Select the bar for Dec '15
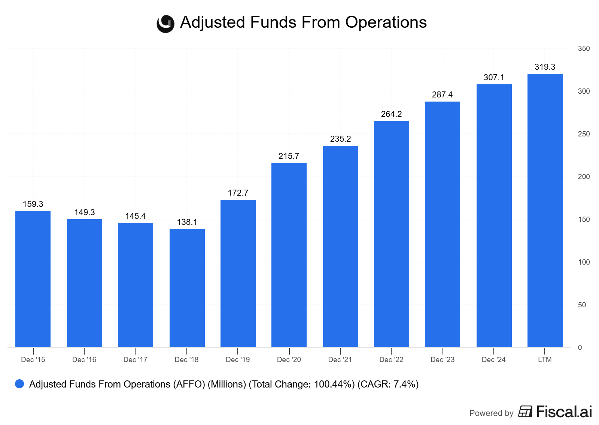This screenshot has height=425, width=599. [33, 279]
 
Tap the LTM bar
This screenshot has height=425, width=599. [545, 210]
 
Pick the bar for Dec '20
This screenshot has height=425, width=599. [289, 255]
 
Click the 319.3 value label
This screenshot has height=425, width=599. [545, 67]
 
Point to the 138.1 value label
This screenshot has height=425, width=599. [187, 222]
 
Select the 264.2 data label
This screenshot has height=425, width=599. [391, 114]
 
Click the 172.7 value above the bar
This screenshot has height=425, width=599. [238, 193]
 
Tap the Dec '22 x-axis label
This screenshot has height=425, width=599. [391, 360]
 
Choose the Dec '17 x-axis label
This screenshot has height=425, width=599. [135, 360]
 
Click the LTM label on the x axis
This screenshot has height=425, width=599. [545, 360]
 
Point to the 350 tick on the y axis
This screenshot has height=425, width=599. [584, 49]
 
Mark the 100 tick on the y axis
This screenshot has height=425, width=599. [584, 262]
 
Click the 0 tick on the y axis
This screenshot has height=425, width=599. [580, 348]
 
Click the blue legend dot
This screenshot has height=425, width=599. [19, 384]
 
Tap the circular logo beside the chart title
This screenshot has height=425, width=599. [165, 24]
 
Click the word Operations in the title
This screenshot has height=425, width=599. [386, 22]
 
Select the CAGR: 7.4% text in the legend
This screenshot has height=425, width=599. [388, 385]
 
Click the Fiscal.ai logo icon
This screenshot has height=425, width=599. [525, 412]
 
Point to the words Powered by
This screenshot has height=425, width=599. [491, 413]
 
